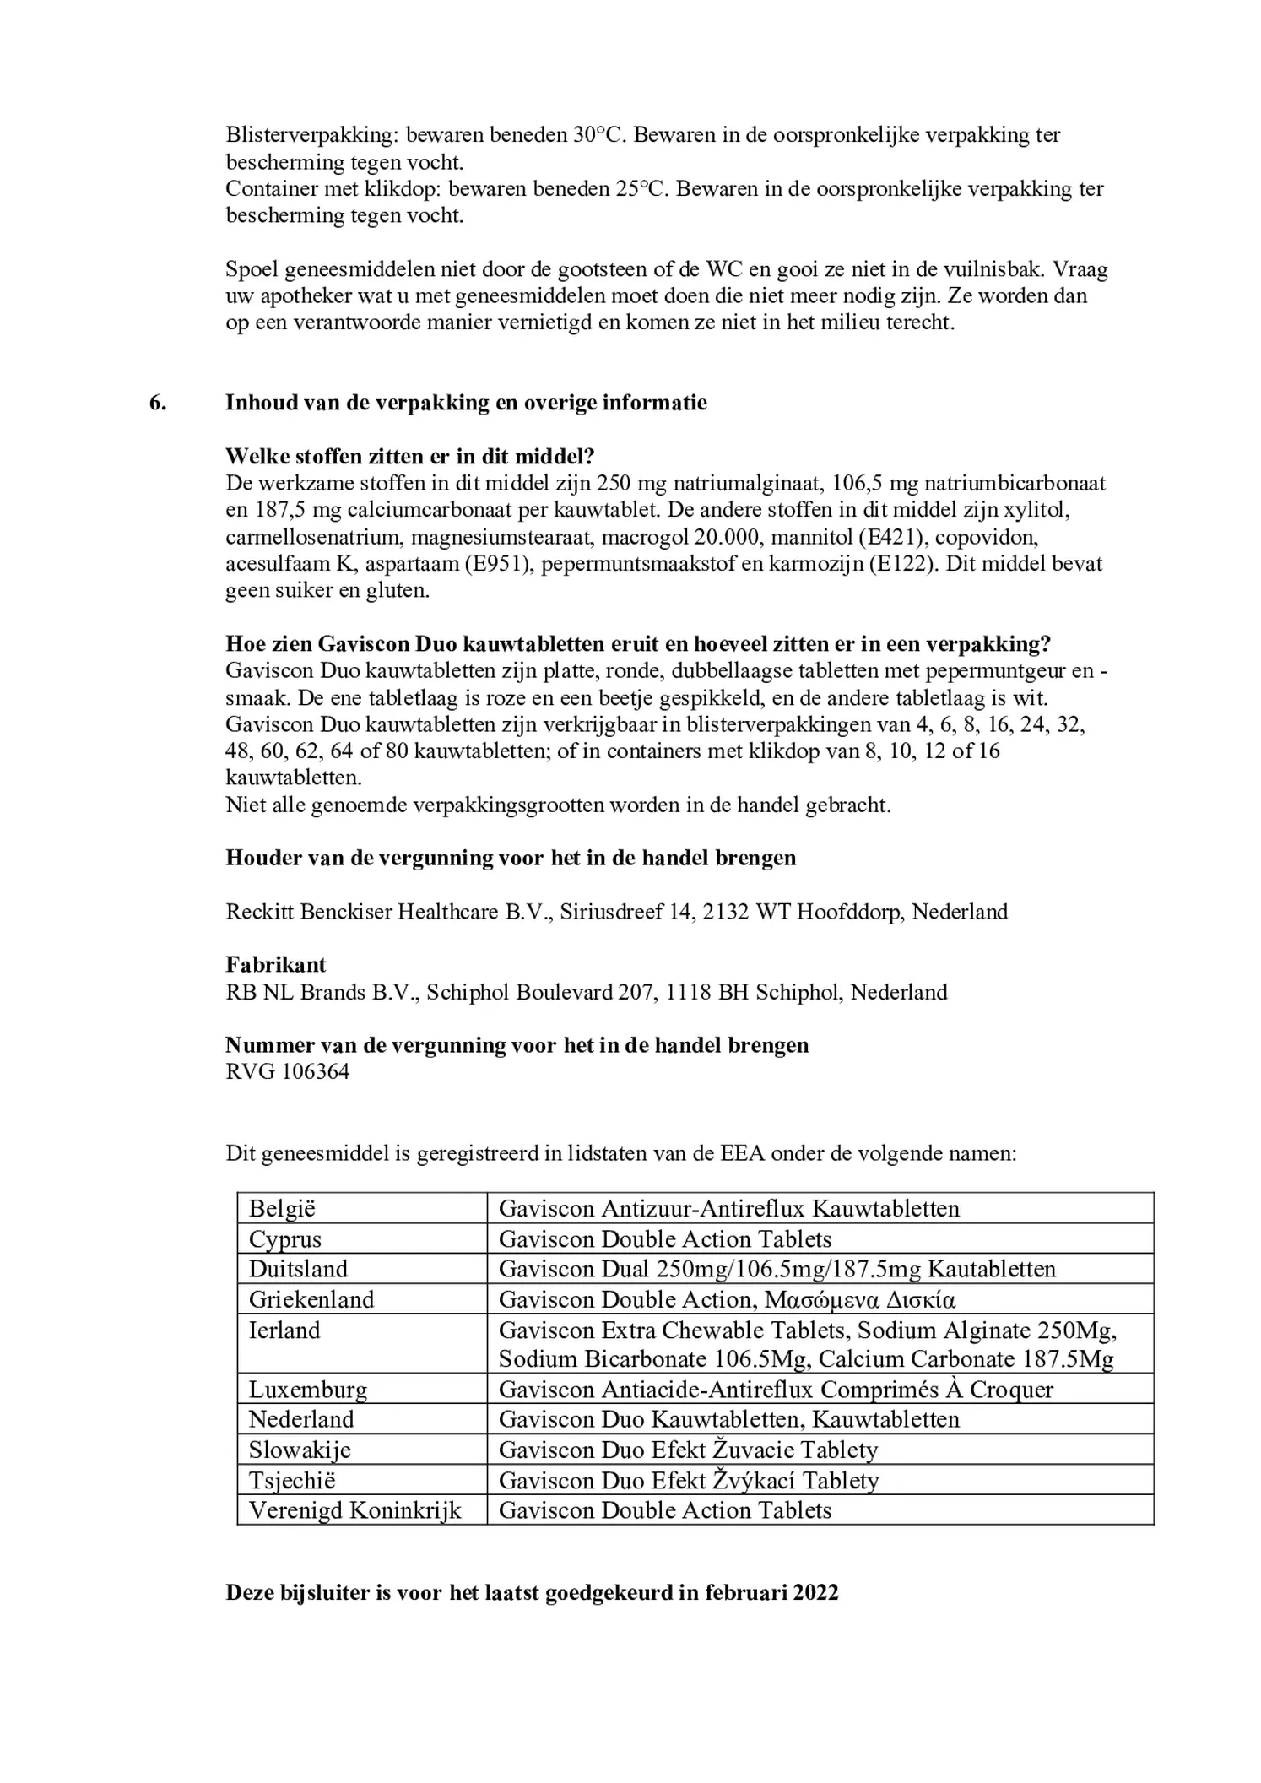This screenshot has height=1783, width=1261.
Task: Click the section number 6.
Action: pyautogui.click(x=158, y=403)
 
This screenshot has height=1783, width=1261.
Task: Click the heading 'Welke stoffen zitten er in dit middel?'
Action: pyautogui.click(x=409, y=457)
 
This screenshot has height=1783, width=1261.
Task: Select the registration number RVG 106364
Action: pyautogui.click(x=287, y=1071)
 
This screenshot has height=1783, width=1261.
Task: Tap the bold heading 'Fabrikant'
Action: pyautogui.click(x=275, y=964)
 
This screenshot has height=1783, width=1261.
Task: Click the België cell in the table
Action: pyautogui.click(x=282, y=1208)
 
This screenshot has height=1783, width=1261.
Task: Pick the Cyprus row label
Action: pyautogui.click(x=284, y=1238)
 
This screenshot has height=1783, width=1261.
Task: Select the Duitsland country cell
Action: pyautogui.click(x=298, y=1269)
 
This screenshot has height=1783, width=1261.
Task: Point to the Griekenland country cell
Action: pyautogui.click(x=311, y=1299)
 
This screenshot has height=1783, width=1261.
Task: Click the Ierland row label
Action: pyautogui.click(x=284, y=1330)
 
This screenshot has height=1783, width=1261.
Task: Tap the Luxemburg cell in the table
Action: pyautogui.click(x=307, y=1390)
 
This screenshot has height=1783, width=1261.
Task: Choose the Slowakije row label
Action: pyautogui.click(x=299, y=1450)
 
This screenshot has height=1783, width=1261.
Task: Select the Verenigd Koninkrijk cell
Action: pyautogui.click(x=354, y=1510)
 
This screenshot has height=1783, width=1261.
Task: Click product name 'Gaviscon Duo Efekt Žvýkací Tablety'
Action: pyautogui.click(x=688, y=1480)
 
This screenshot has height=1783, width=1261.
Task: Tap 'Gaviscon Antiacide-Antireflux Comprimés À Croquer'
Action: pyautogui.click(x=775, y=1390)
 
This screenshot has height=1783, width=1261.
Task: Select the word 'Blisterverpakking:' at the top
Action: pyautogui.click(x=312, y=135)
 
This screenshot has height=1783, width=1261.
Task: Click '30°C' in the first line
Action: pyautogui.click(x=597, y=135)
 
